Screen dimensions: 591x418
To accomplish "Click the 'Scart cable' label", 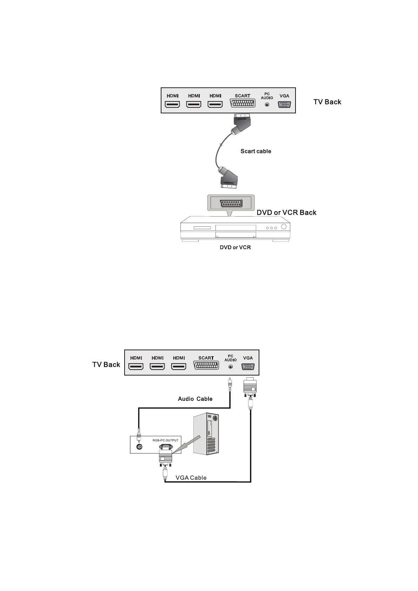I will point(256,151).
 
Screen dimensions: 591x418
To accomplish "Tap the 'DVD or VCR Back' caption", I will point(286,212).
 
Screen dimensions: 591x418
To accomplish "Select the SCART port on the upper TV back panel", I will point(243,103).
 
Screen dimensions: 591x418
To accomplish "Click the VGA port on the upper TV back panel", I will point(284,104).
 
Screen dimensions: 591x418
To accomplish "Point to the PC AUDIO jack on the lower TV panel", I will point(231,367).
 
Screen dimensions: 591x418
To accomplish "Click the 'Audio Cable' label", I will point(195,399).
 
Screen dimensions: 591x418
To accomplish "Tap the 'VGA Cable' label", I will point(191,478).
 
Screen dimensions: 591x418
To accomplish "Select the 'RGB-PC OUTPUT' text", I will point(165,440).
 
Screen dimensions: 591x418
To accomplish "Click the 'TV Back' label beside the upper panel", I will point(327,102).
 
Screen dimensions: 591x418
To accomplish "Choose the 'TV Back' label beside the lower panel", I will point(106,365).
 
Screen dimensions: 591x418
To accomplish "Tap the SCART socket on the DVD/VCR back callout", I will point(230,204).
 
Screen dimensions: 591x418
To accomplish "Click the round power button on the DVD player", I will point(284,227).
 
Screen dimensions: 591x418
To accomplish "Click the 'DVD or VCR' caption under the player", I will point(235,247).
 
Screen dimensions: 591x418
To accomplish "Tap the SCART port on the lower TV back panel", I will point(206,366).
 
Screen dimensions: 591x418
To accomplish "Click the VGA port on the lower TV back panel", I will point(248,367).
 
